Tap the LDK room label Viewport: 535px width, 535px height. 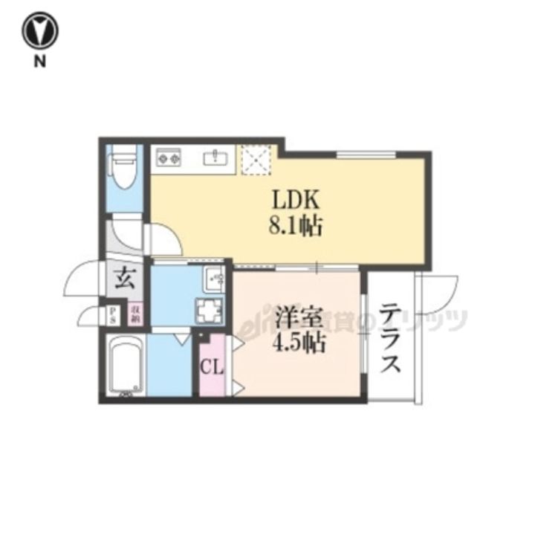click(x=295, y=200)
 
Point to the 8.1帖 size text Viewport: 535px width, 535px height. click(x=295, y=225)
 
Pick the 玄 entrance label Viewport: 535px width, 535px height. click(x=124, y=280)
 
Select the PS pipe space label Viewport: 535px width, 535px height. click(x=113, y=312)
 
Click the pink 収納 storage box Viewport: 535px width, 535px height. click(x=136, y=312)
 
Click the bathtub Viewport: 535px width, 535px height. click(x=124, y=366)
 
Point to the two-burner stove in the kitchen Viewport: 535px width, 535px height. click(x=169, y=158)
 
